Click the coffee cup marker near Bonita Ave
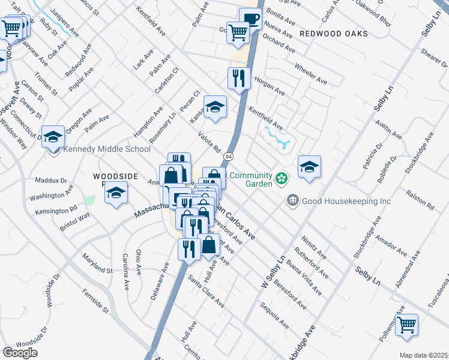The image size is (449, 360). point(250,19)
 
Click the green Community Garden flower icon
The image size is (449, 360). point(280,178)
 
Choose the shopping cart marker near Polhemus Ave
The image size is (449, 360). point(408,325)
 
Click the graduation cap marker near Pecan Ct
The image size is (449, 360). point(215,107)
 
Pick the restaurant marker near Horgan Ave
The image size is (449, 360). point(240,78)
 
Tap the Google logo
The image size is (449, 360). point(20,353)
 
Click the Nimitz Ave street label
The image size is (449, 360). point(315,247)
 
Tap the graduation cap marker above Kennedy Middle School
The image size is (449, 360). point(53,136)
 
